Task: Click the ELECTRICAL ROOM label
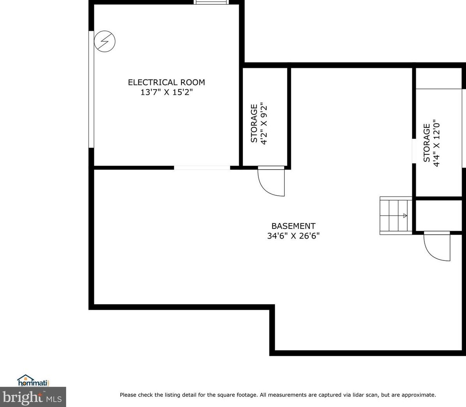(x=166, y=82)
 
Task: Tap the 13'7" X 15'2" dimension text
(x=167, y=92)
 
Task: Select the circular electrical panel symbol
(x=105, y=41)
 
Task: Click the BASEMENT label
(x=293, y=226)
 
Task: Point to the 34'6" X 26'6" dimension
(x=293, y=236)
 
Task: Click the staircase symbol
(x=396, y=216)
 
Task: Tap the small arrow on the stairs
(x=405, y=216)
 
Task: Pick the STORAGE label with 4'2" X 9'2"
(x=254, y=123)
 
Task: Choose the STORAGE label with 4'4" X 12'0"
(x=427, y=143)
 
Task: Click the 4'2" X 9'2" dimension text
(x=264, y=123)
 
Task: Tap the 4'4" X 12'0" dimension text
(x=437, y=143)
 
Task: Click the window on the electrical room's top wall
(x=211, y=2)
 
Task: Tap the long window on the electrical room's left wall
(x=91, y=89)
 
